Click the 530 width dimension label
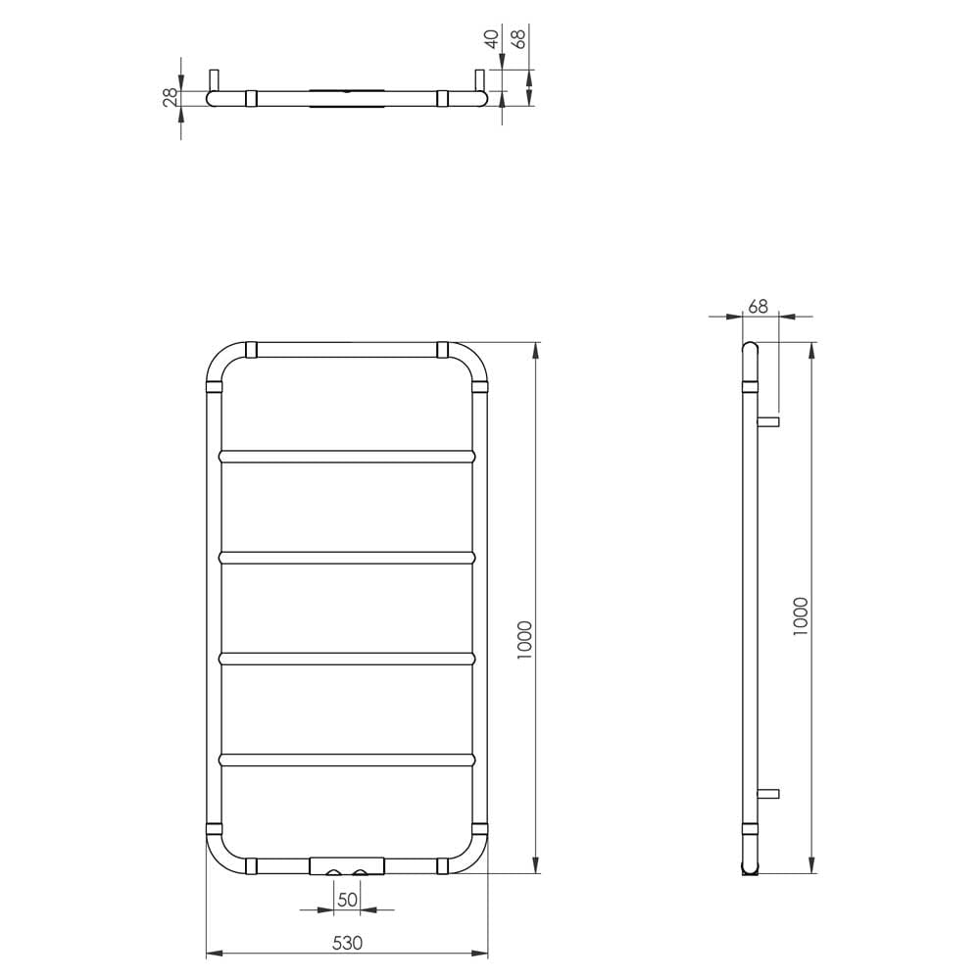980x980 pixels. (x=347, y=943)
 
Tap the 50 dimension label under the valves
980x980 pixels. (x=347, y=900)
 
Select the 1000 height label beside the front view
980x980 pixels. (x=524, y=639)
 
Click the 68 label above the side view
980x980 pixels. (x=758, y=306)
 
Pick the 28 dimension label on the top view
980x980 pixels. (x=171, y=97)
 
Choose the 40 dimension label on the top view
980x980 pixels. (x=493, y=39)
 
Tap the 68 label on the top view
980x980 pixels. (x=518, y=39)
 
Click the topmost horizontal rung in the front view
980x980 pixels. (x=347, y=457)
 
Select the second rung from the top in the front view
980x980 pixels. (x=347, y=557)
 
